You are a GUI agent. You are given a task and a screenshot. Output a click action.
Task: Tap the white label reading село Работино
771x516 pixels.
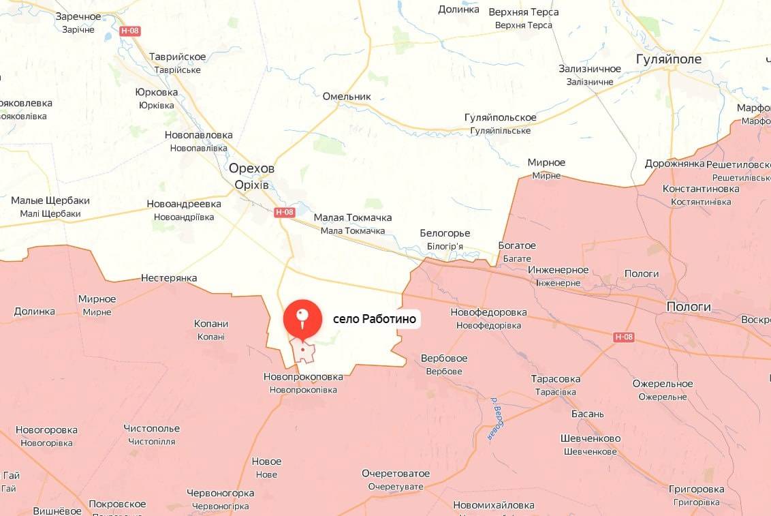click(374, 318)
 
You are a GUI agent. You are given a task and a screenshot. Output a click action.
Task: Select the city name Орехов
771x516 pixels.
click(251, 168)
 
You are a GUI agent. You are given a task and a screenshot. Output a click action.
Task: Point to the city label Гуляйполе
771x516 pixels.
click(668, 59)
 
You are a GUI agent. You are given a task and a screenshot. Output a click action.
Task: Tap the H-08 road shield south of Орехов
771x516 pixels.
click(285, 212)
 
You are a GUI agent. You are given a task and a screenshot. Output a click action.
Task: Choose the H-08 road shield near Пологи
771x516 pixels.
click(623, 337)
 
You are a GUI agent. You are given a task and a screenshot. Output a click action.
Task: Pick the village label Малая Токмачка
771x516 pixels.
click(352, 217)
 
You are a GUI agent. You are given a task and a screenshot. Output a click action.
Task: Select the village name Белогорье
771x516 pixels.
click(445, 233)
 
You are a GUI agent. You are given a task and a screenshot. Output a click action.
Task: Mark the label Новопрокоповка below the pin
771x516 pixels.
click(303, 376)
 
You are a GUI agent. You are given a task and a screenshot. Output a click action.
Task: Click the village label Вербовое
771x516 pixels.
click(444, 359)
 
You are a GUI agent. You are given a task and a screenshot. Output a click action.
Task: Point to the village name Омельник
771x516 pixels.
click(347, 96)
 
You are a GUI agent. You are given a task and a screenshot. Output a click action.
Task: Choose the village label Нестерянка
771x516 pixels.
click(169, 278)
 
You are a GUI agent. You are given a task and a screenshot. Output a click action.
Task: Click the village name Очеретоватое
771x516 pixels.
click(396, 474)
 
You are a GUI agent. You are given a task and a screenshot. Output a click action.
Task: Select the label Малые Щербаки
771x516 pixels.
click(50, 201)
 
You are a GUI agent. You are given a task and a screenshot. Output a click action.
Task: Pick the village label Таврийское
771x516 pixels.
click(177, 57)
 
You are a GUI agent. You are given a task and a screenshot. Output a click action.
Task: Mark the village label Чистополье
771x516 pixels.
click(152, 429)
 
